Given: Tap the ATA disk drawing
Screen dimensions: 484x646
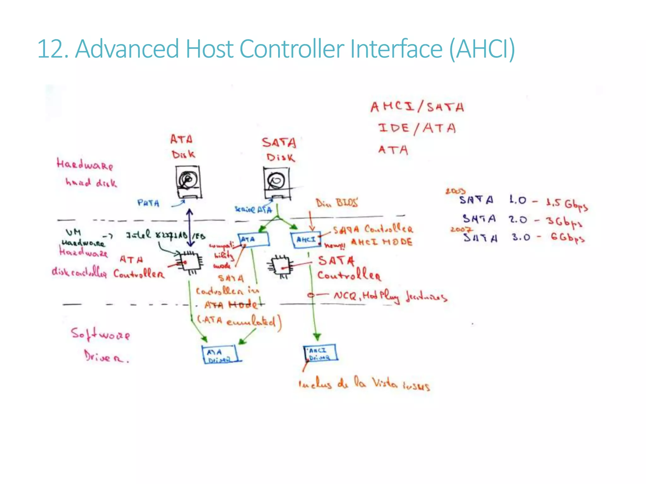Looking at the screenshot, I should [x=188, y=182].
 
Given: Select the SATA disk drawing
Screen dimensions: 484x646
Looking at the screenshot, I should [x=276, y=183].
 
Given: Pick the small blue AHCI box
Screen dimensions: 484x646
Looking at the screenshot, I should [x=306, y=240].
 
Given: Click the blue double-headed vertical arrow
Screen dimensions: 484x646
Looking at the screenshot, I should [x=190, y=228].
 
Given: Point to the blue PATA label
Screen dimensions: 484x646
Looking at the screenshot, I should [x=148, y=203].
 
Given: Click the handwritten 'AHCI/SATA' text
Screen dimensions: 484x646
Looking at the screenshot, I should [x=417, y=107].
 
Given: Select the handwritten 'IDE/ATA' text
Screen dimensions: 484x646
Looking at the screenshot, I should [x=417, y=128].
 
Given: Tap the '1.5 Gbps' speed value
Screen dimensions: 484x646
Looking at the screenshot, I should [x=567, y=204].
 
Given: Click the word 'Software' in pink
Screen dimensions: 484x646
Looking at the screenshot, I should [x=100, y=334].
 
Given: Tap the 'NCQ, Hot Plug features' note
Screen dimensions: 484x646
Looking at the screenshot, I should [x=390, y=296].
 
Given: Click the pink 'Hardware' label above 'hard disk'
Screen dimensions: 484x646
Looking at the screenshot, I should [x=85, y=164].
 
